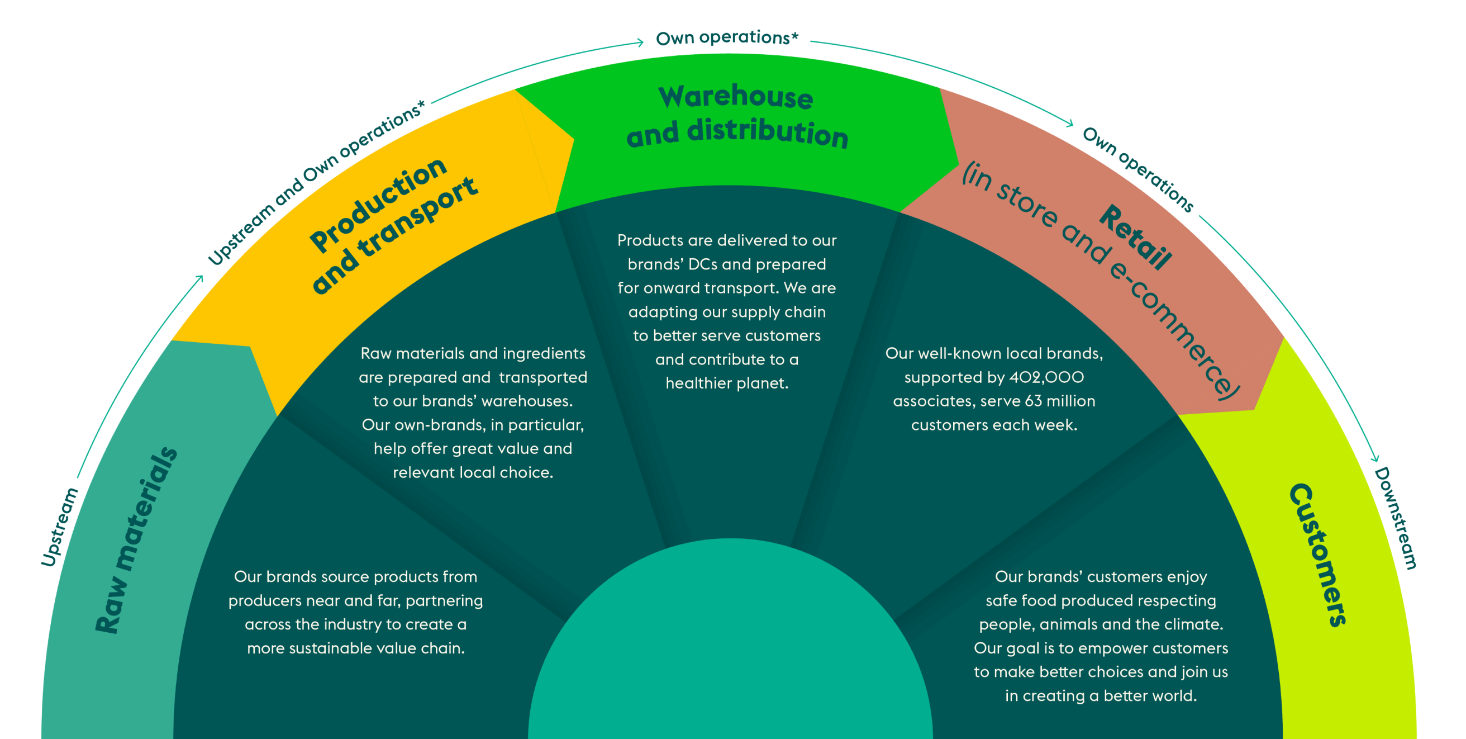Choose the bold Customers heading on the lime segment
tap(1318, 555)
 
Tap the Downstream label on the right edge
tap(1396, 518)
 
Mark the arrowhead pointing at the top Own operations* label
tap(641, 42)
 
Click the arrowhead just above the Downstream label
tap(1376, 459)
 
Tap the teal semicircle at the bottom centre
tap(731, 655)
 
